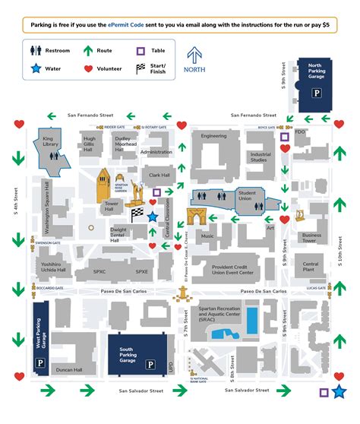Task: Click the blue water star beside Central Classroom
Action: (153, 217)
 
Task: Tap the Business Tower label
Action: (312, 238)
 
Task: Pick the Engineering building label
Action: (213, 136)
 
